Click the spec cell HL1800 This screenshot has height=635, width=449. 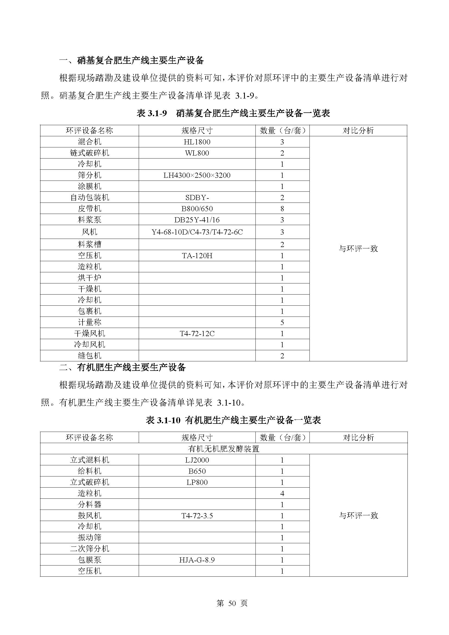click(x=197, y=142)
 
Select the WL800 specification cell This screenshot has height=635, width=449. click(x=197, y=153)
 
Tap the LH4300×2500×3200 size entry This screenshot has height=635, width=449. click(x=197, y=175)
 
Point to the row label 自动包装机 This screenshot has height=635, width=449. click(x=89, y=197)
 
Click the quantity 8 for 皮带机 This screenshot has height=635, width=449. click(x=282, y=208)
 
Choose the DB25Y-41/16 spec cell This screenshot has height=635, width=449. click(x=197, y=220)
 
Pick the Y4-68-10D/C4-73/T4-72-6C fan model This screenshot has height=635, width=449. click(x=197, y=232)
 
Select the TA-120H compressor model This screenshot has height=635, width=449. click(x=197, y=256)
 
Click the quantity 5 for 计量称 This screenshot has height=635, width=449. click(x=282, y=323)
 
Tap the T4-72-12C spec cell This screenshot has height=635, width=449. click(x=197, y=334)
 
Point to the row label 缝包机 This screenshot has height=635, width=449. click(x=89, y=356)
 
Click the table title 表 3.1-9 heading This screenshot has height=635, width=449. click(x=233, y=113)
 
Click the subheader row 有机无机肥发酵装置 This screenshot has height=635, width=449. click(x=223, y=448)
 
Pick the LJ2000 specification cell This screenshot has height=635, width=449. click(x=197, y=460)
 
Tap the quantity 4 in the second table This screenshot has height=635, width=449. click(x=282, y=493)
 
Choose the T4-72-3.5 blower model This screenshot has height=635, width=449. click(x=197, y=516)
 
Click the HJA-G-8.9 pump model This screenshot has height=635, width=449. click(x=197, y=560)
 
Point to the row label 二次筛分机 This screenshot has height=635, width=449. click(x=89, y=549)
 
